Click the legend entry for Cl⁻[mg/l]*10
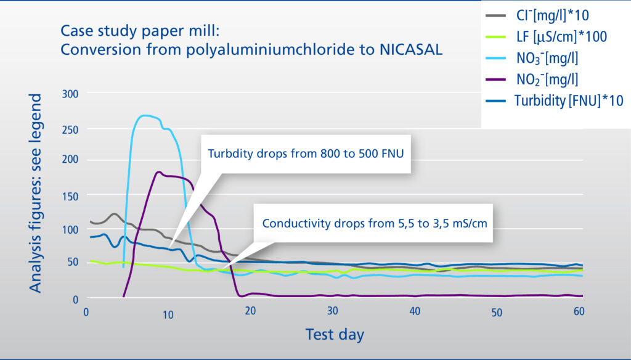pyautogui.click(x=537, y=15)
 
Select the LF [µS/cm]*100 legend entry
pyautogui.click(x=547, y=37)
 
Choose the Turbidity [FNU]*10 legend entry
pyautogui.click(x=555, y=100)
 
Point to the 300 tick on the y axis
pyautogui.click(x=70, y=94)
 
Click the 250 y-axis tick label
pyautogui.click(x=70, y=129)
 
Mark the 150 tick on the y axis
pyautogui.click(x=70, y=195)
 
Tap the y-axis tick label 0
pyautogui.click(x=75, y=300)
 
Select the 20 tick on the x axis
pyautogui.click(x=250, y=311)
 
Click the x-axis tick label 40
pyautogui.click(x=415, y=311)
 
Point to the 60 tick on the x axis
pyautogui.click(x=579, y=311)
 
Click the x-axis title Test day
pyautogui.click(x=335, y=335)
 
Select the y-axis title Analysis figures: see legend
pyautogui.click(x=35, y=194)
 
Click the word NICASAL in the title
pyautogui.click(x=410, y=49)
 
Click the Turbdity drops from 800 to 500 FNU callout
pyautogui.click(x=306, y=153)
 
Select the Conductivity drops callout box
pyautogui.click(x=374, y=223)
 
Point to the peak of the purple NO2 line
pyautogui.click(x=158, y=172)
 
